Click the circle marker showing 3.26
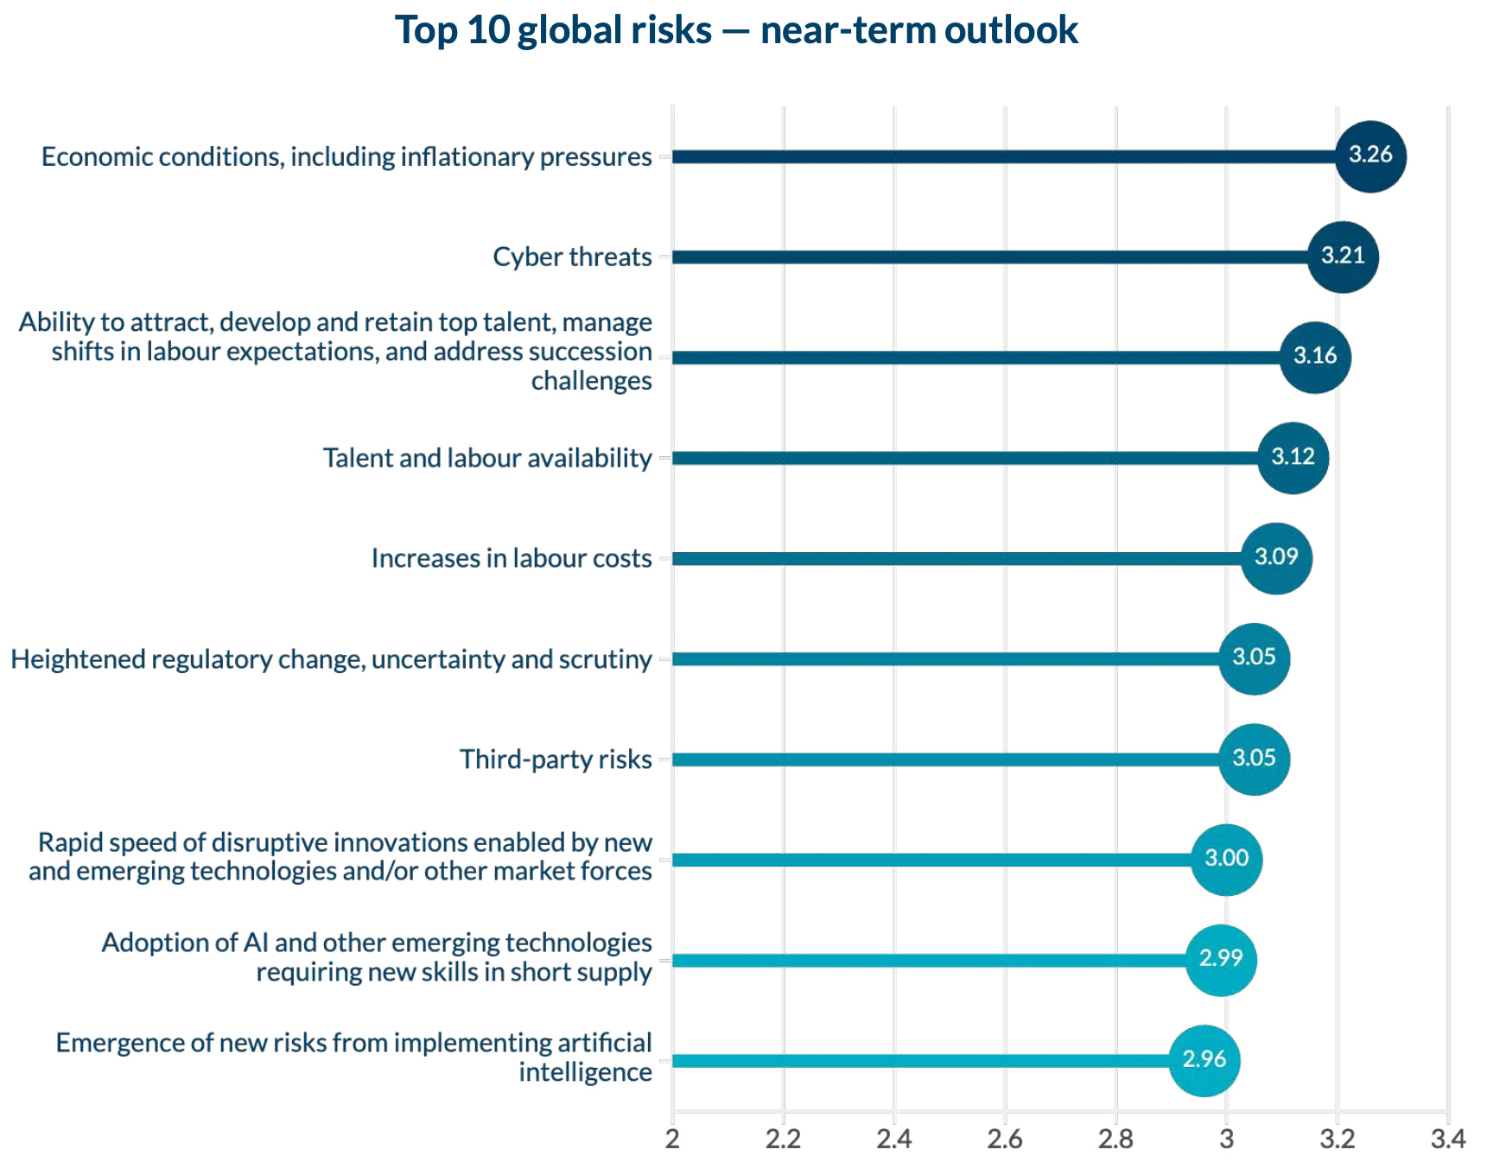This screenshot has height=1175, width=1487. click(1370, 156)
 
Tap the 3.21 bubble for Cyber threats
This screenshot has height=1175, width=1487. click(1343, 257)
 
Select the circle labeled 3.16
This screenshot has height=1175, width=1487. click(1315, 357)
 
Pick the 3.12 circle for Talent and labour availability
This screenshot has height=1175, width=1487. click(1293, 458)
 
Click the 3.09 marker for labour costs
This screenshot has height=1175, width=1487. click(1276, 558)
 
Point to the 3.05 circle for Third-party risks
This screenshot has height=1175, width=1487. click(1254, 759)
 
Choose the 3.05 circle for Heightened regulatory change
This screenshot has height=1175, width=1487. click(1254, 658)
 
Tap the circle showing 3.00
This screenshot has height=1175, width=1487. click(1226, 860)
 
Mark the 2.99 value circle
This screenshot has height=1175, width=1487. click(1220, 960)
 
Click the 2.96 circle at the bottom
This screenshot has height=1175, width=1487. click(1204, 1060)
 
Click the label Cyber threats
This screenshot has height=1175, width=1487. click(572, 257)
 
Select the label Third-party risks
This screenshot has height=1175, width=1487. click(556, 759)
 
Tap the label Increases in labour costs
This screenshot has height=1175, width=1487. click(512, 559)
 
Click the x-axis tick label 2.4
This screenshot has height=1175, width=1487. click(894, 1140)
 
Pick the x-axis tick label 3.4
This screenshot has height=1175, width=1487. click(1448, 1140)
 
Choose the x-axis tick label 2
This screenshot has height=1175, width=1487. click(672, 1140)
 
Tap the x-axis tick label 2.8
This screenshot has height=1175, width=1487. click(1115, 1140)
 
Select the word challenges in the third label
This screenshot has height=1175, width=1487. click(591, 381)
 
